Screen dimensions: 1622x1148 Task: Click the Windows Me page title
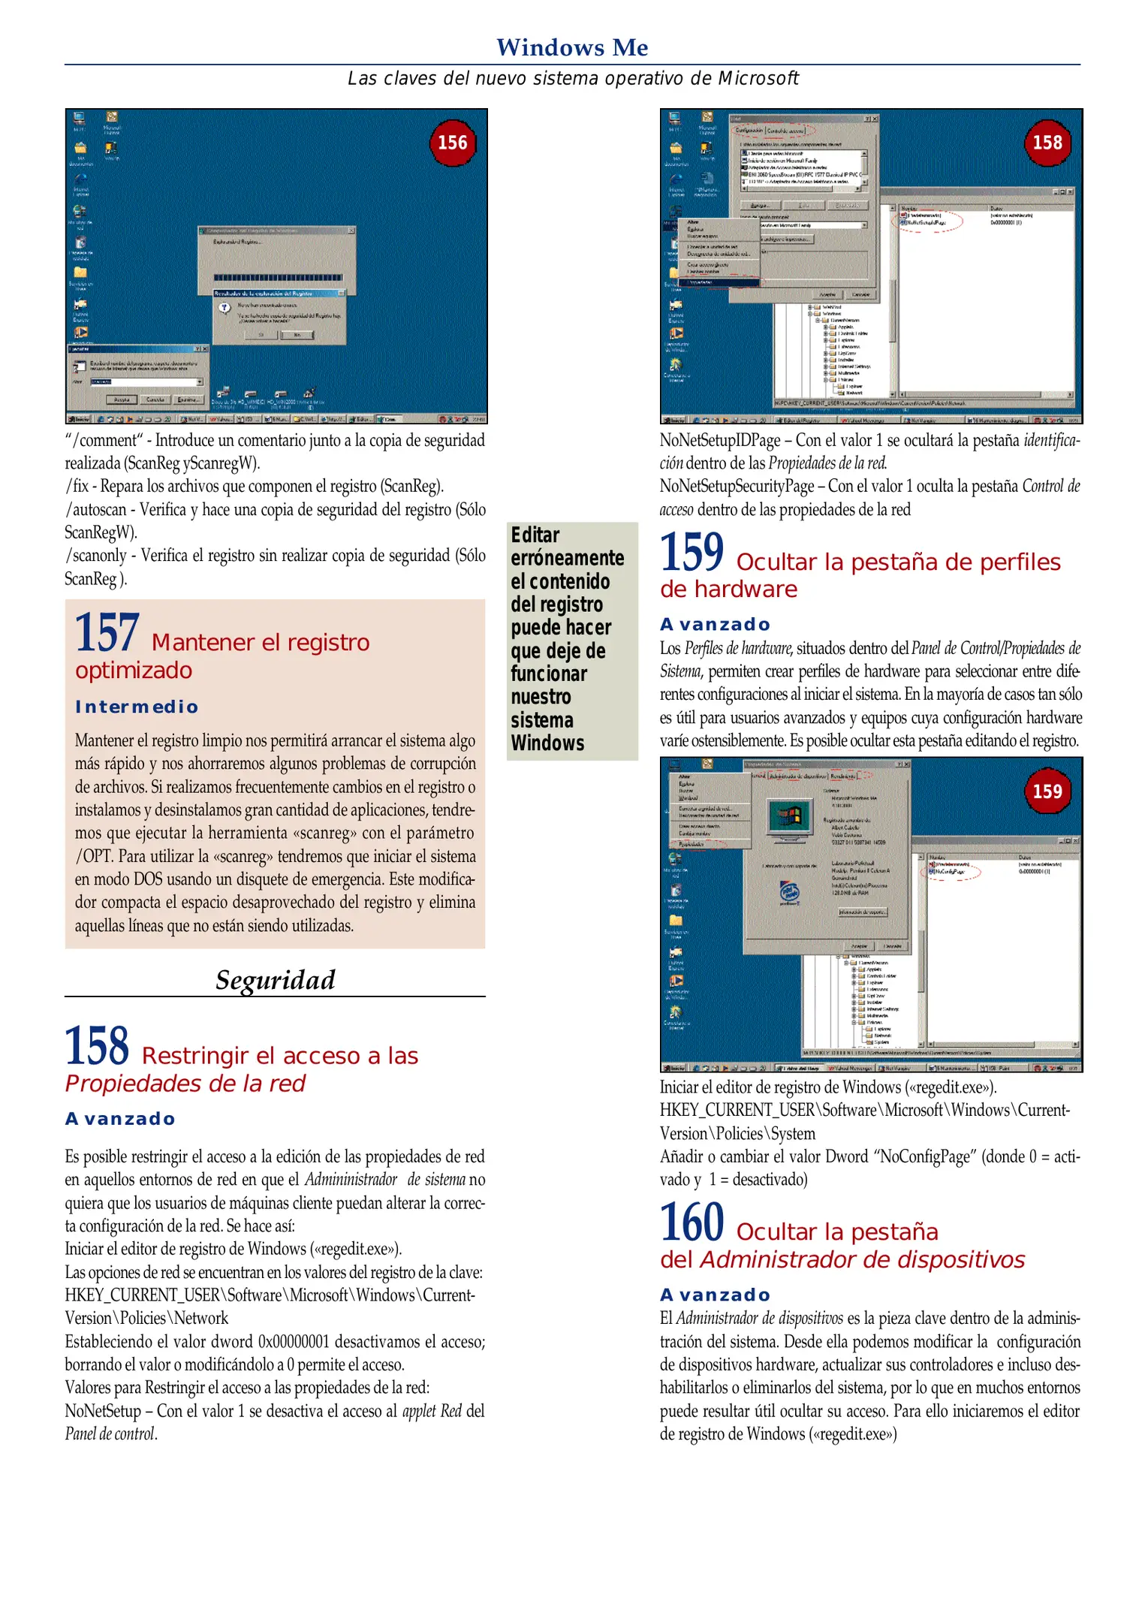[572, 47]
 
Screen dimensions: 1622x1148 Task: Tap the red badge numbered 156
[452, 143]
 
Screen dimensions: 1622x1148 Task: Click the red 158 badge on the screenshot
[1047, 143]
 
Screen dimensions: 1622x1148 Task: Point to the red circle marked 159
[1047, 791]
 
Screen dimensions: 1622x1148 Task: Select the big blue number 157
[107, 632]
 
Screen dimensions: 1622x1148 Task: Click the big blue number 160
[692, 1223]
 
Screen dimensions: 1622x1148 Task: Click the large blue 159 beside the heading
[692, 552]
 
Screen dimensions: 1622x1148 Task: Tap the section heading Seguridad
[275, 980]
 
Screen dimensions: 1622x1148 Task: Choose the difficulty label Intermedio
[137, 707]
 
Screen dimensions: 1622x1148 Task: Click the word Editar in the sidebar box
[535, 535]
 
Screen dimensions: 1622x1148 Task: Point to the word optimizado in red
[134, 670]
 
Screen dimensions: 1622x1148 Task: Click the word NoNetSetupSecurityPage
[737, 487]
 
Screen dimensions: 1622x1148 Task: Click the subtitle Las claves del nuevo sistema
[572, 79]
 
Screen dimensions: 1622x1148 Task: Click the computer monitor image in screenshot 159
[790, 816]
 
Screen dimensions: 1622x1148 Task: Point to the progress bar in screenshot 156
[279, 278]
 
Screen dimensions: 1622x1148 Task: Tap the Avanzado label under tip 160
[715, 1295]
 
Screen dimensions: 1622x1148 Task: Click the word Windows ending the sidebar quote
[547, 743]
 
